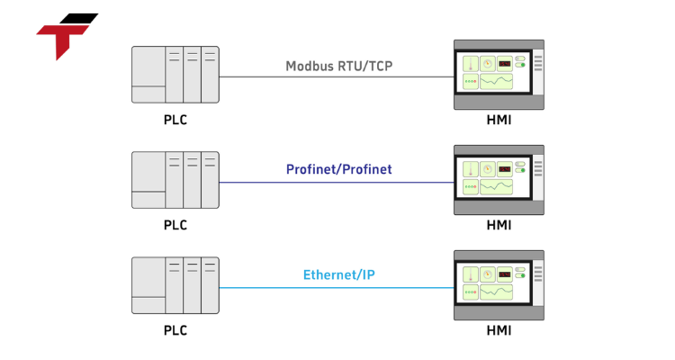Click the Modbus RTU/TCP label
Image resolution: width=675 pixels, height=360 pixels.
tap(338, 66)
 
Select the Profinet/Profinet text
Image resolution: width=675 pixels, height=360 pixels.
tap(338, 169)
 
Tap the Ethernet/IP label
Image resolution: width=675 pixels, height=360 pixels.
tap(338, 274)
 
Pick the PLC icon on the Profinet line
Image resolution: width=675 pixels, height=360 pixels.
tap(175, 181)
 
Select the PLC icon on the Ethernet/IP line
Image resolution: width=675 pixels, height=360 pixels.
tap(175, 286)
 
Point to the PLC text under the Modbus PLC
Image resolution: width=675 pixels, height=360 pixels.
tap(175, 120)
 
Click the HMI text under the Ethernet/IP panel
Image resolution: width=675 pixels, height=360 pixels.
tap(499, 330)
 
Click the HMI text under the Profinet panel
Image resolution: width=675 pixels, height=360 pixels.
tap(499, 225)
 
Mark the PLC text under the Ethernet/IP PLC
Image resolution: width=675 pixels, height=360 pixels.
tap(175, 330)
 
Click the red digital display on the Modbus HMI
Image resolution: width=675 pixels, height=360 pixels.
tap(505, 64)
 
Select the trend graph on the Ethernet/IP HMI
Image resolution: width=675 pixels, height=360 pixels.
tap(496, 292)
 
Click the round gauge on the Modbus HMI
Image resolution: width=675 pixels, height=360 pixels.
tap(487, 64)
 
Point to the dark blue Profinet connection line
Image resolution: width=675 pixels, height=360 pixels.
tap(270, 182)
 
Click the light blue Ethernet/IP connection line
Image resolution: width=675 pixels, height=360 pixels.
tap(270, 287)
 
